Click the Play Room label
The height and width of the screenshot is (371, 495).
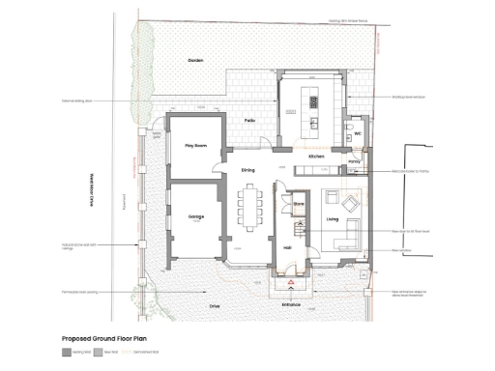[196, 145]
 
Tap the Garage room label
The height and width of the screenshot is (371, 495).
[195, 218]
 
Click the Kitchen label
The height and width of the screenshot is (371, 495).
[315, 155]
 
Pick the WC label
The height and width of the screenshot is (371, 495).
[357, 133]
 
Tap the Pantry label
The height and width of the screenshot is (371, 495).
[354, 161]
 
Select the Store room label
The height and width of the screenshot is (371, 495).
[299, 204]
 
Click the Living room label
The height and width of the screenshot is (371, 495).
[332, 220]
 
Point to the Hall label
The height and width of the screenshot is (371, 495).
[288, 247]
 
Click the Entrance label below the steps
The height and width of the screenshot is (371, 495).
[292, 304]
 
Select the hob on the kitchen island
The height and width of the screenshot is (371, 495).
[314, 100]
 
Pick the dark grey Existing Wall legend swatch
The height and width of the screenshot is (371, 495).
[66, 354]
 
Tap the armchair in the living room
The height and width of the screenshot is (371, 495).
[348, 204]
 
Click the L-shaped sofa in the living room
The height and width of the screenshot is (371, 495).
[345, 232]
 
